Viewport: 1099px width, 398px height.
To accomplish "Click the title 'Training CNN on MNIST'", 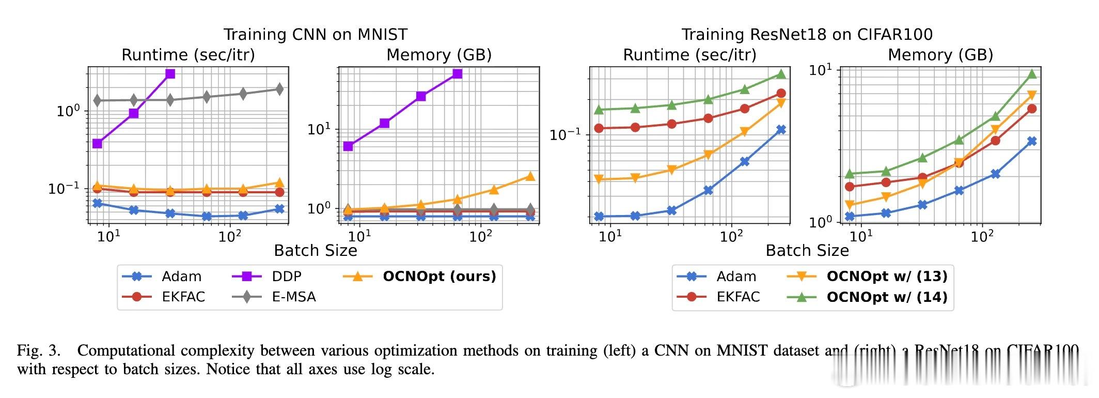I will pos(315,35).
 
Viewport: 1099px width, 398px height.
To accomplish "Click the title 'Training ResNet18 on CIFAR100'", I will pos(807,35).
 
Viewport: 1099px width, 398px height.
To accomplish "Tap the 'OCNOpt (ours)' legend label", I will pos(439,277).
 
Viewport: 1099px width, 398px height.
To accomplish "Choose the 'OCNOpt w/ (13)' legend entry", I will pos(887,277).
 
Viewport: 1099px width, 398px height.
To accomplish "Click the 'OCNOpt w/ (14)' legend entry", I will pos(887,297).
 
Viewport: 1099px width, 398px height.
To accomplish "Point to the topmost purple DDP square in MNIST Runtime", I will pos(170,74).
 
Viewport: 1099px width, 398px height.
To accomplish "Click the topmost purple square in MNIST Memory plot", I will pos(457,74).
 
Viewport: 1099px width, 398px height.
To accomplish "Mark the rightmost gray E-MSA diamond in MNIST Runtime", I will pos(279,89).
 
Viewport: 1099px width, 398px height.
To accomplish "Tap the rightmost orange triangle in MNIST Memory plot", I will pos(530,176).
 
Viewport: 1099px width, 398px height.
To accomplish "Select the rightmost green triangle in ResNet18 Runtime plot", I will pos(781,74).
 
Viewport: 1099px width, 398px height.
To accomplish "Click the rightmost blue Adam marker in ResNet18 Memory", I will pos(1032,141).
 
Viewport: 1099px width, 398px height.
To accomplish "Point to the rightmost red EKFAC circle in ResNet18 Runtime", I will pos(781,94).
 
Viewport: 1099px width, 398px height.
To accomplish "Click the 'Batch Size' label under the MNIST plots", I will pos(315,251).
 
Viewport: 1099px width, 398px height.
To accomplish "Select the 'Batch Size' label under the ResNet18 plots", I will pos(807,251).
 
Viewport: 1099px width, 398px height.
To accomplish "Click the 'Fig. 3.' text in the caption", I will pos(38,351).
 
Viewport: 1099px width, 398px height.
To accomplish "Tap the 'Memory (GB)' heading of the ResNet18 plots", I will pos(940,55).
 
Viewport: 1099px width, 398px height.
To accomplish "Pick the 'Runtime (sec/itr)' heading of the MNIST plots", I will pos(188,55).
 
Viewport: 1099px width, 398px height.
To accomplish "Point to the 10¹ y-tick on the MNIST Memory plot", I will pos(318,129).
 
